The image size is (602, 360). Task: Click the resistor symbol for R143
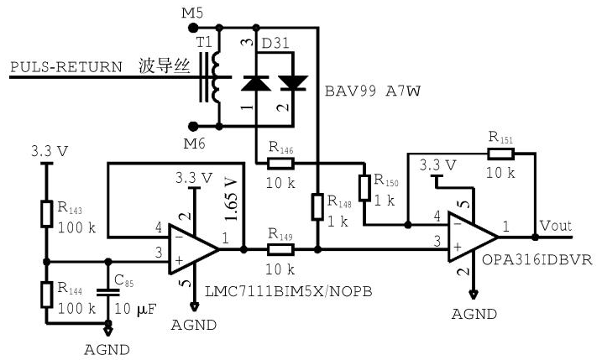pos(47,214)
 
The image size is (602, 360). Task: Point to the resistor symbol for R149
pos(280,249)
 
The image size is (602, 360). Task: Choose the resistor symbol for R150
pos(364,187)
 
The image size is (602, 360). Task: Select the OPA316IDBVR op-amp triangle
pos(474,237)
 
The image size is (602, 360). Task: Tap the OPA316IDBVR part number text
pos(537,259)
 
